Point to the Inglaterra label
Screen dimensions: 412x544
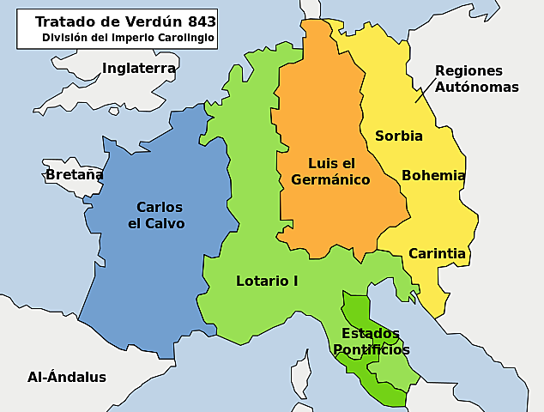point(139,68)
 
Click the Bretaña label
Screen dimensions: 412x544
point(74,175)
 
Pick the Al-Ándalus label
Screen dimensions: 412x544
point(67,377)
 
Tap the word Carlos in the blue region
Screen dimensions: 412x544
point(160,207)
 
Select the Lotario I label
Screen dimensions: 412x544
point(267,281)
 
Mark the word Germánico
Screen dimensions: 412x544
point(330,180)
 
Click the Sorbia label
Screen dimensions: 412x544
point(399,136)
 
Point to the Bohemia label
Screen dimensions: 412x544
point(433,176)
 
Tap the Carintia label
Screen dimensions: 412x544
point(437,253)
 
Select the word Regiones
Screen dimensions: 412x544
point(468,70)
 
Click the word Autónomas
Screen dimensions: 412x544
point(476,87)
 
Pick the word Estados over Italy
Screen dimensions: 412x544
point(370,333)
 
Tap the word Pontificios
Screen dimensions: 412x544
point(371,349)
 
